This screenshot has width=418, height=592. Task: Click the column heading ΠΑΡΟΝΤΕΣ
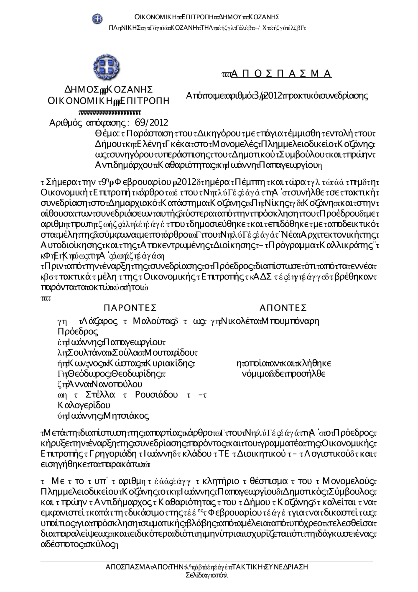(130, 308)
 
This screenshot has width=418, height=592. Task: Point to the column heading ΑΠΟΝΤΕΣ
(283, 308)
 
